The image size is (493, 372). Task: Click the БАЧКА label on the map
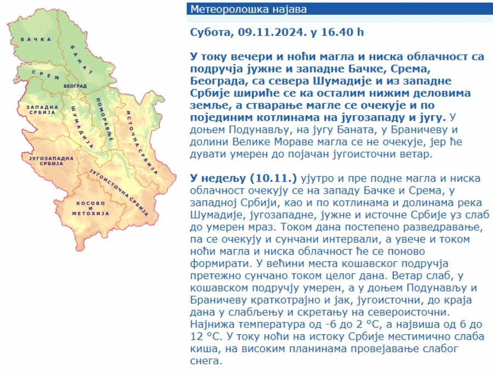[x=36, y=40]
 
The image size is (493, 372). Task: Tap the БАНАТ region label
[x=82, y=60]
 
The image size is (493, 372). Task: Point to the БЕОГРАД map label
[x=75, y=86]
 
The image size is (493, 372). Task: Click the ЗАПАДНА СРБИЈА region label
[x=42, y=110]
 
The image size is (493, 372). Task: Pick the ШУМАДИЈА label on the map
[x=82, y=126]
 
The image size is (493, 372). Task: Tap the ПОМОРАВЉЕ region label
[x=105, y=119]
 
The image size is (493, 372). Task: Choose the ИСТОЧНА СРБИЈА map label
[x=142, y=142]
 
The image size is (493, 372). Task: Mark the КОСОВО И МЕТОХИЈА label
[x=90, y=208]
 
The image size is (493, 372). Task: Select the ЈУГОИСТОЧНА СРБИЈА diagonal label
[x=119, y=192]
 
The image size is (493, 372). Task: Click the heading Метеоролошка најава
[x=248, y=9]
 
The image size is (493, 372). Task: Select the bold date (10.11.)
[x=273, y=178]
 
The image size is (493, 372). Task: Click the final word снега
[x=206, y=361]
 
